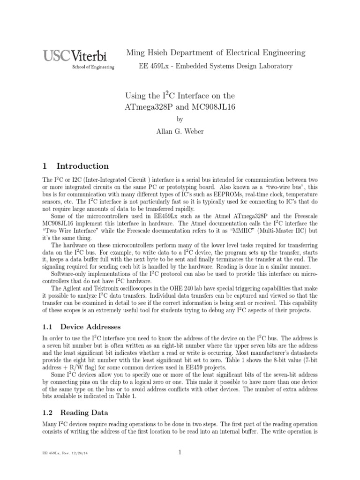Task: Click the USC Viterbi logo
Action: click(x=75, y=56)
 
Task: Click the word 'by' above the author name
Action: click(x=180, y=119)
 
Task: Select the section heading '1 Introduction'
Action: click(x=75, y=166)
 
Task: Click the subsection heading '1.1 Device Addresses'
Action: click(x=82, y=326)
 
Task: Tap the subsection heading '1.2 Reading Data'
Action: click(x=75, y=412)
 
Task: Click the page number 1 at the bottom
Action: click(x=180, y=452)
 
